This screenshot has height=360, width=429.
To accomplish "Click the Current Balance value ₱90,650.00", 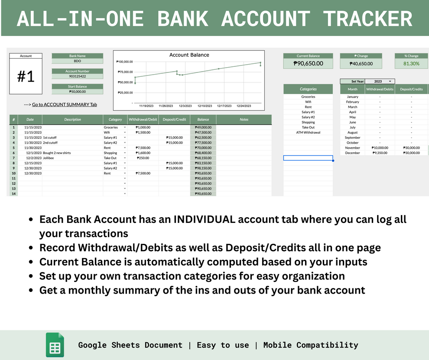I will (308, 63).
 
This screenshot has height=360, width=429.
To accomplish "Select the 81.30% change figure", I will (411, 63).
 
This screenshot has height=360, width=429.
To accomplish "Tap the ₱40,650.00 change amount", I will (361, 63).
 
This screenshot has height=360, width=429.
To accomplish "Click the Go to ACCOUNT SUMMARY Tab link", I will (64, 105).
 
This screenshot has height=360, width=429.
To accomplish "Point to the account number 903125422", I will (77, 76).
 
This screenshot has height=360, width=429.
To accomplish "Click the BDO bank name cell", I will (77, 61).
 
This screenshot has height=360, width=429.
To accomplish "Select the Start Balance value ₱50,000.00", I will (77, 92).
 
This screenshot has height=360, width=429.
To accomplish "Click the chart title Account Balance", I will (189, 55).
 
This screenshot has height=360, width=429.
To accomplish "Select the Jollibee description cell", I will (49, 158).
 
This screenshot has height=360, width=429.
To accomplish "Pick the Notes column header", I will (244, 119).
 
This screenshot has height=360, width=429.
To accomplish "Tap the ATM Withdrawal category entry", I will (308, 132).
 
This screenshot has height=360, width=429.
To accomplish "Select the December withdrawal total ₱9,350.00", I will (380, 153).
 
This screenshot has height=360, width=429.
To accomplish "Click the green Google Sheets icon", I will (55, 345).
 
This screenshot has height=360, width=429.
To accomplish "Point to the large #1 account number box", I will (26, 77).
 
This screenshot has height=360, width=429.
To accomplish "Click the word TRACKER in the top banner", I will (367, 19).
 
